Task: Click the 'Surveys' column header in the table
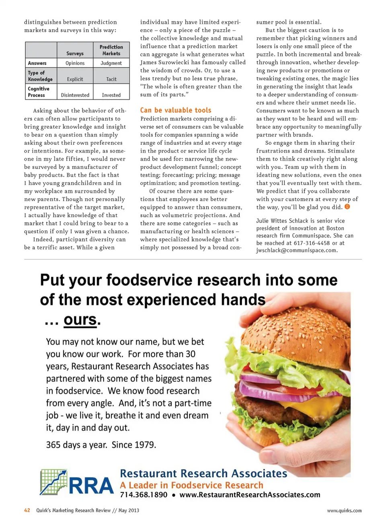coord(75,54)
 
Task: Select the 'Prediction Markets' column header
coord(111,50)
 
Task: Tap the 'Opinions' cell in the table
coord(75,63)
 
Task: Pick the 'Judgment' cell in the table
coord(111,63)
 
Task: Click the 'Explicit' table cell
coord(75,79)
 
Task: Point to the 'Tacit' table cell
coord(111,79)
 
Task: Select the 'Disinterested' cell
coord(75,95)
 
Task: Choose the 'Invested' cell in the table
coord(111,95)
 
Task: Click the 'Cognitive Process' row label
coord(39,92)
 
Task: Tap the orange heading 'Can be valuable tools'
coord(176,110)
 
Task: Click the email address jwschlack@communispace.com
coord(296,250)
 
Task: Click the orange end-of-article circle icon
coord(347,207)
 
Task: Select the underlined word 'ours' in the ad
coord(80,320)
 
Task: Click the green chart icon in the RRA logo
coord(53,482)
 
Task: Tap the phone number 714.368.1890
coord(144,495)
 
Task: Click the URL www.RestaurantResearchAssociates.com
coord(250,495)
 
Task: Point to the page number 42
coord(27,511)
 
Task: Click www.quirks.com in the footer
coord(344,511)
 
